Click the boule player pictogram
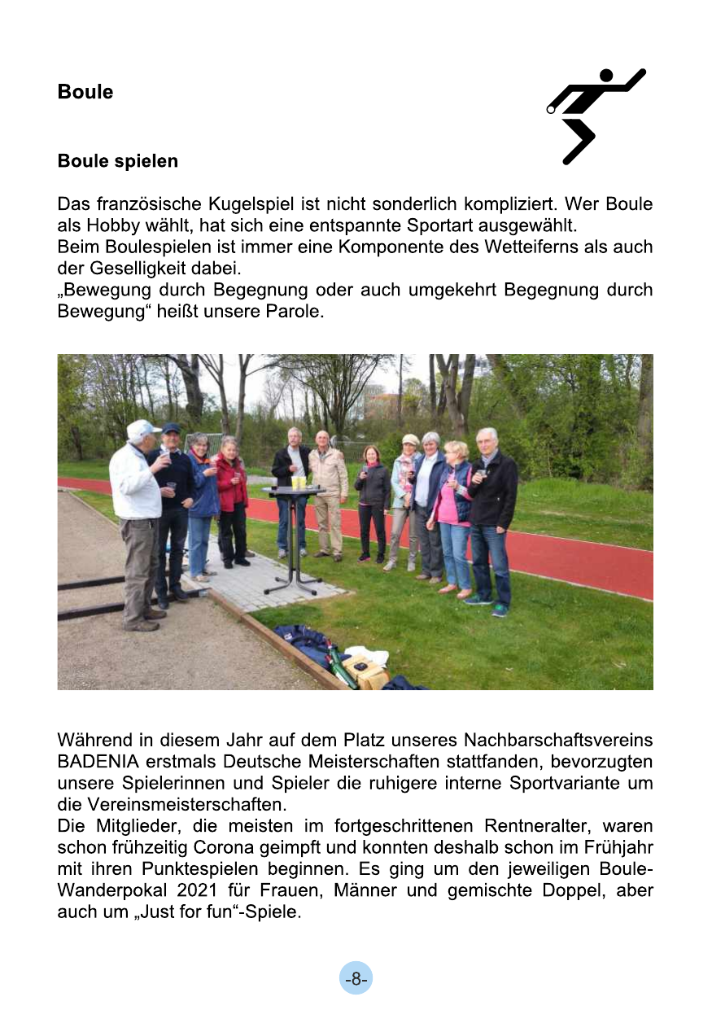coord(596,115)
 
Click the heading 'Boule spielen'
coord(117,161)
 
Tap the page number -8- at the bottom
coord(356,979)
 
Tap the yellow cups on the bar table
coord(298,483)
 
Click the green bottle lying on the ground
coord(339,665)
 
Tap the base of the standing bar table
coord(293,586)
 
